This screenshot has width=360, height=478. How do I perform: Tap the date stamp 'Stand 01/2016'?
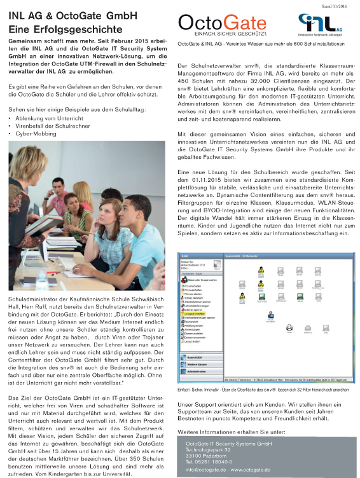[338, 4]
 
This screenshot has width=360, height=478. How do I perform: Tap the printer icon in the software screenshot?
[289, 346]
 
